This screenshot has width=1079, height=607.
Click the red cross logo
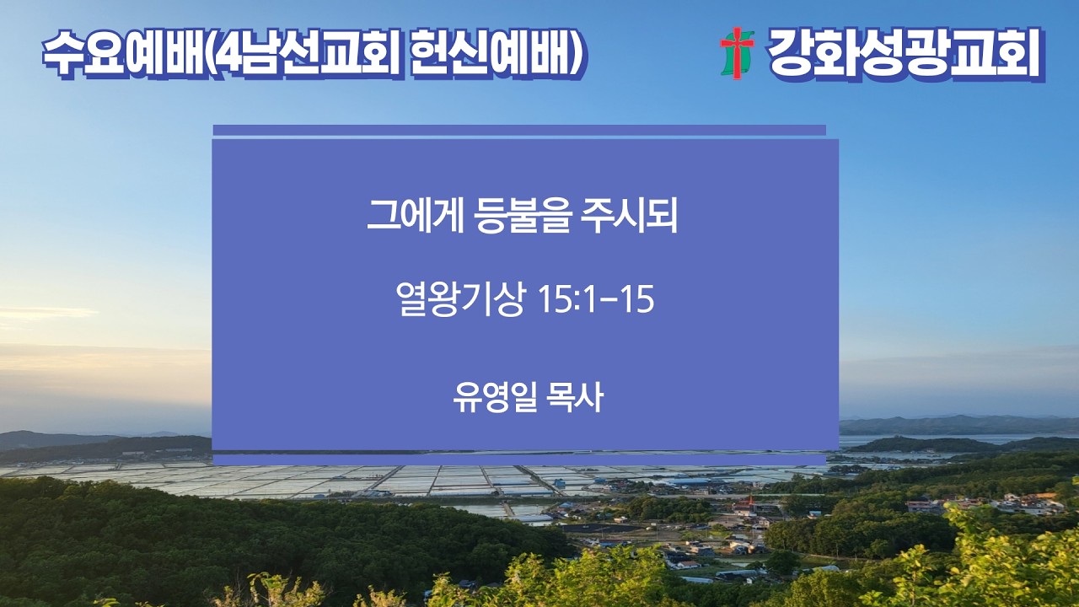737,53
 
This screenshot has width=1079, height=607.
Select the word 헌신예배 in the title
491,55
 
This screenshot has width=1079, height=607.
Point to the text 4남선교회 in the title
308,55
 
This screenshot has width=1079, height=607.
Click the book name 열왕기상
459,298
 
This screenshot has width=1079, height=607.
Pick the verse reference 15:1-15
596,299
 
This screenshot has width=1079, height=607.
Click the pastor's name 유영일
495,397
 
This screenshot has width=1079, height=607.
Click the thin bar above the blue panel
519,130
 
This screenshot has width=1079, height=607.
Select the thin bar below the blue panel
519,459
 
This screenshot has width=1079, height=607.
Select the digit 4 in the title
228,55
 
